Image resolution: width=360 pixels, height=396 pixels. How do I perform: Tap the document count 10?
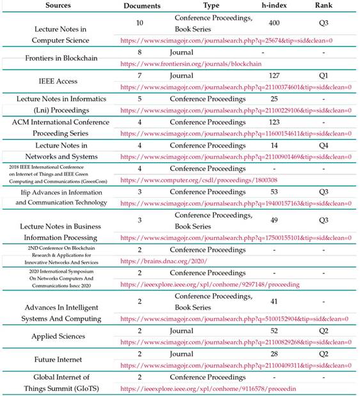click(x=140, y=22)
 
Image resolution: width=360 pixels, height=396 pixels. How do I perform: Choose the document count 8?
click(x=140, y=52)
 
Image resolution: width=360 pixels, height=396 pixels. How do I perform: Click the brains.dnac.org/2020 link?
click(x=164, y=261)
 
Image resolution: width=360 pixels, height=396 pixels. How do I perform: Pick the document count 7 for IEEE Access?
click(x=140, y=75)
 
